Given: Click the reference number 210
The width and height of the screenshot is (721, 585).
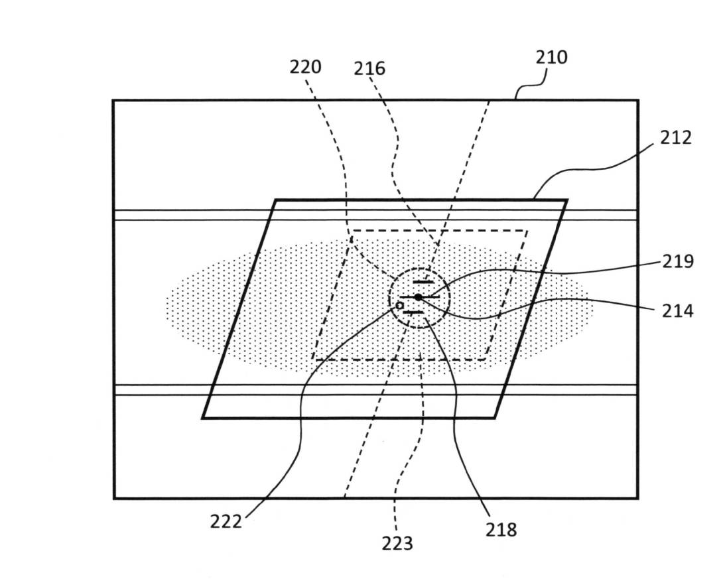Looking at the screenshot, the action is [551, 58].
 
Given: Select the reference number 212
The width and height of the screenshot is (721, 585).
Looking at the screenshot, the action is [676, 137].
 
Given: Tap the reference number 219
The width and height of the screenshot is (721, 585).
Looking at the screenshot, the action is [678, 261].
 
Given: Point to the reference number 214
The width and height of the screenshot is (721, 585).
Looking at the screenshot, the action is [678, 310].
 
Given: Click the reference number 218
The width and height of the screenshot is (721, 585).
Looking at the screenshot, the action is [501, 529].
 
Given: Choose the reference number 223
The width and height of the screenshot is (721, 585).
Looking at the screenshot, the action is [397, 544].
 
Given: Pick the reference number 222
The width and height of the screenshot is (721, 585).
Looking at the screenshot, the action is [226, 521].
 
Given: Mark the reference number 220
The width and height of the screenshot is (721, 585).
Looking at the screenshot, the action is [306, 67].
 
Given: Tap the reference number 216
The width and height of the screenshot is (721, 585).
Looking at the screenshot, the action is [369, 68].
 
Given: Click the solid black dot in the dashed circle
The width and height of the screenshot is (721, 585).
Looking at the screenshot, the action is [418, 297].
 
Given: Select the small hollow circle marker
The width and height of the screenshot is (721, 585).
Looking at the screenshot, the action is [400, 305].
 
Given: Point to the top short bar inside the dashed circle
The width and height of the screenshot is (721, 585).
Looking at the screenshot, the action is [423, 283].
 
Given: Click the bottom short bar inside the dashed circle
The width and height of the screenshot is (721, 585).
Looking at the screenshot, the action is [413, 312].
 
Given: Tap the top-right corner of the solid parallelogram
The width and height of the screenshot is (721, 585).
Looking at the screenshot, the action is [566, 200].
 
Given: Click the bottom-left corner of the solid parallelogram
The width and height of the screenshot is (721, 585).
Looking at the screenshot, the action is [203, 418].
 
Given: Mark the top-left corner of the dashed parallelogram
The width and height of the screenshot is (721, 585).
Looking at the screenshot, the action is [352, 231].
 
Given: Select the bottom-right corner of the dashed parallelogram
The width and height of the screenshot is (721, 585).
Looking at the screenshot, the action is [486, 359].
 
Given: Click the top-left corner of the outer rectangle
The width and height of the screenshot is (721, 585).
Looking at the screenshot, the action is [113, 100].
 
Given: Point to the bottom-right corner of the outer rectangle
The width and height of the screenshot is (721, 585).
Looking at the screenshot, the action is [637, 497].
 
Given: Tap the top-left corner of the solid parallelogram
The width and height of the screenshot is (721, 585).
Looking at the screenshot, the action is [275, 200].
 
